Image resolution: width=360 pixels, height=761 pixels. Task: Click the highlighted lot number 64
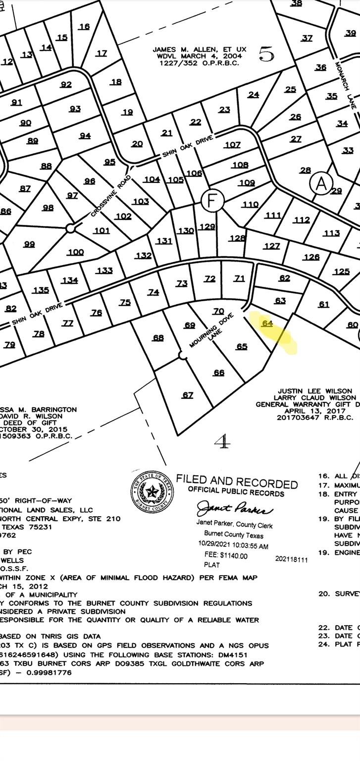(267, 323)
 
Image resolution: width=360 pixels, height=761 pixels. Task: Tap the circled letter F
(213, 201)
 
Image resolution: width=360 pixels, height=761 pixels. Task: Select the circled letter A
(321, 183)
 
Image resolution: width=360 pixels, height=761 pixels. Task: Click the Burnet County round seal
(153, 491)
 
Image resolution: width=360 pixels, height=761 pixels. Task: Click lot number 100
(75, 252)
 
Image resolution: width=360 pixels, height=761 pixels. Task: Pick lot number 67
(188, 395)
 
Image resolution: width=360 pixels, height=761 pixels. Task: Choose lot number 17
(101, 53)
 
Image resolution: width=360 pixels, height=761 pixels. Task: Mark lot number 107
(232, 145)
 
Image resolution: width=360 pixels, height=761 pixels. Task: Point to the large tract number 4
(223, 441)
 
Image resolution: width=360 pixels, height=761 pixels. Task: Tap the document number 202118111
(292, 559)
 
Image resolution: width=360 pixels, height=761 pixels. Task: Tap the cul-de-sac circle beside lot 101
(70, 228)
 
